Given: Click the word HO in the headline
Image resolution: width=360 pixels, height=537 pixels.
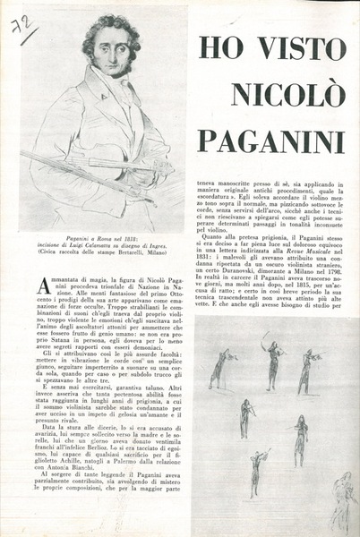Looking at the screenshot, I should (219, 47).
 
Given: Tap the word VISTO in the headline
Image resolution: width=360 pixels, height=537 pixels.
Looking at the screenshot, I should (296, 47).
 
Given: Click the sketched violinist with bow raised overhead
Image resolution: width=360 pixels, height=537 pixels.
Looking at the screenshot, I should (268, 358).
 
